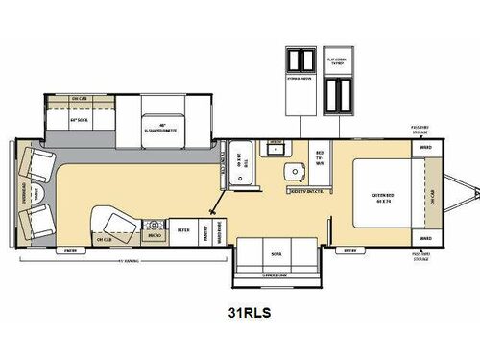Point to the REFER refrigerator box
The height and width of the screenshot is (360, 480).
pos(183,231)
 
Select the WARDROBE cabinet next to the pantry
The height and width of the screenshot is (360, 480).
pos(220,230)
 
